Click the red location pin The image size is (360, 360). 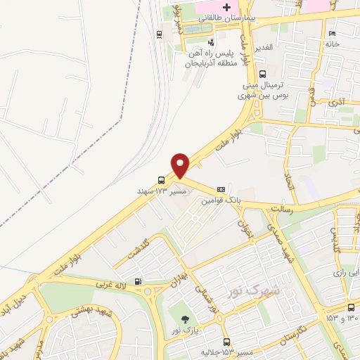[181, 165]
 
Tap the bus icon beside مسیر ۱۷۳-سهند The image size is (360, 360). [162, 179]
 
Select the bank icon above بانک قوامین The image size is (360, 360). [221, 188]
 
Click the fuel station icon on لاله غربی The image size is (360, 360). [138, 282]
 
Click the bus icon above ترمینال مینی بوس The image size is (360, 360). [262, 73]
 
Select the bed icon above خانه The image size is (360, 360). [332, 33]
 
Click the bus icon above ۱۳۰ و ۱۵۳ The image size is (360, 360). [351, 307]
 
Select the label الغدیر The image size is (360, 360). [268, 47]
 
